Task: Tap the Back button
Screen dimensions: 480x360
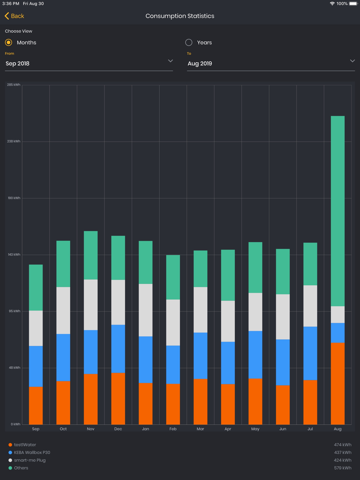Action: coord(14,16)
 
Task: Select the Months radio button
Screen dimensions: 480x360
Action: coord(9,42)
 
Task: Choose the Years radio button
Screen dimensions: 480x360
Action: coord(189,42)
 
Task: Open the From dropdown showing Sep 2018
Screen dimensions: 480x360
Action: coord(89,63)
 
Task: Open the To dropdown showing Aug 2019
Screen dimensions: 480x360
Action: coord(271,63)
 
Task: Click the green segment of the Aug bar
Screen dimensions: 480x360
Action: coord(338,211)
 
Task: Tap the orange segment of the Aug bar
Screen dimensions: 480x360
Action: coord(338,383)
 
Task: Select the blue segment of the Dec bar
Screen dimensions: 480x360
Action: coord(118,349)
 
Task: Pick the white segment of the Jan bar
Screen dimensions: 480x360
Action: coord(145,310)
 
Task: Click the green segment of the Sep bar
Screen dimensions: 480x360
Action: coord(36,287)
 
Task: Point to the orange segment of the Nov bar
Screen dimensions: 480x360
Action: coord(91,399)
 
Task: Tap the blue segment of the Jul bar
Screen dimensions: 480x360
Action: coord(310,353)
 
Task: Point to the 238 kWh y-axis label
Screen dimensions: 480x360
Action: coord(14,141)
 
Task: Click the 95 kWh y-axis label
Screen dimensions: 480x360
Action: coord(14,311)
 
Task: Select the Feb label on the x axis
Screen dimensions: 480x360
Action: coord(173,429)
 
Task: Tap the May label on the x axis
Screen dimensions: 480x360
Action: coord(255,429)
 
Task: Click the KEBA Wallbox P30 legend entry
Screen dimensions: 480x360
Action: coord(32,453)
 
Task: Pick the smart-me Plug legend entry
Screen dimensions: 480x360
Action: coord(30,460)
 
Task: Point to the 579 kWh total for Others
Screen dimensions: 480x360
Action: coord(342,468)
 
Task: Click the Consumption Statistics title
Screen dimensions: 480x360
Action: coord(180,16)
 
